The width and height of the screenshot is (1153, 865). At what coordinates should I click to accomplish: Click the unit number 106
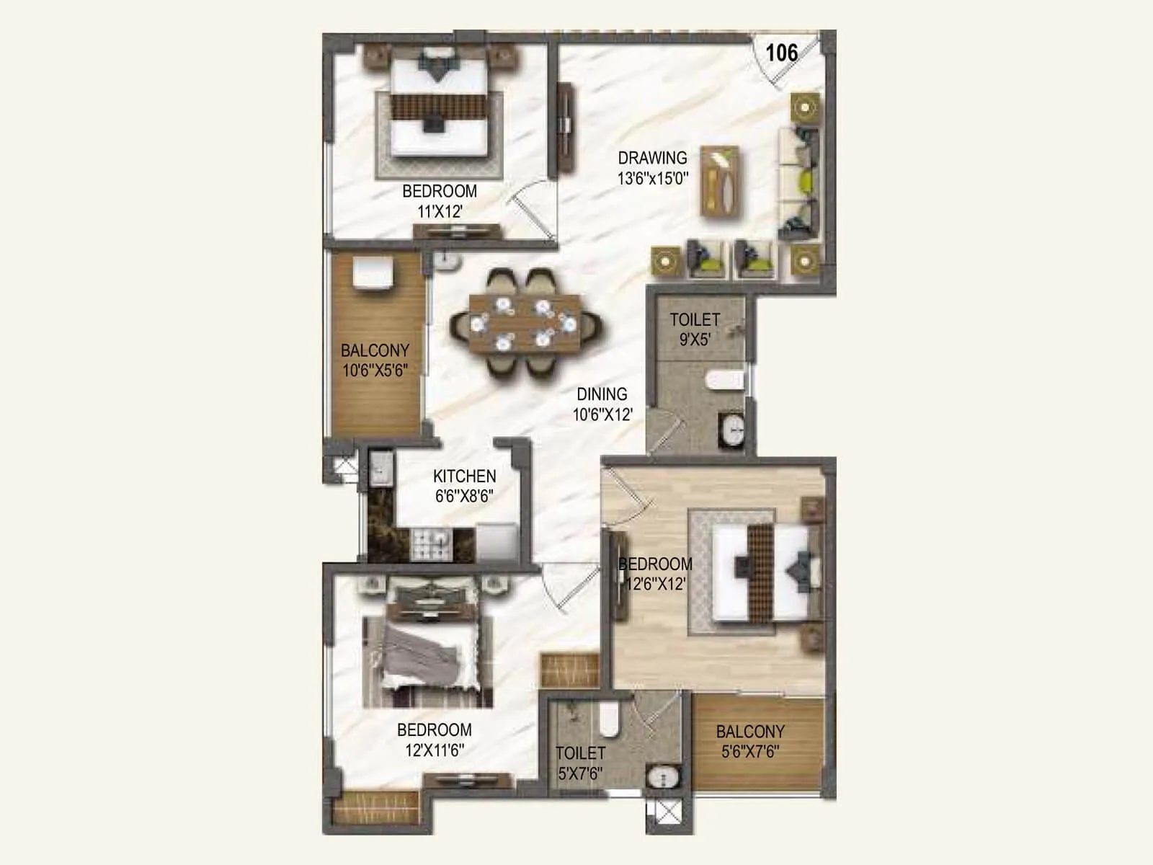coord(781,53)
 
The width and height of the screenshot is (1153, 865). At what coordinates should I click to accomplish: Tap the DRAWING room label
coord(652,157)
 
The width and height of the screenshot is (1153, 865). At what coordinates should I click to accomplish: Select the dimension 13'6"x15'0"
coord(652,178)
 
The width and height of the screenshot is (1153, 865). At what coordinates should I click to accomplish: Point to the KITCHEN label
coord(464,476)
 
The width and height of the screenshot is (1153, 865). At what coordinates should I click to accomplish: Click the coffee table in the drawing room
coord(720,181)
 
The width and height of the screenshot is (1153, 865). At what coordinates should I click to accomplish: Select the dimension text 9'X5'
coord(695,340)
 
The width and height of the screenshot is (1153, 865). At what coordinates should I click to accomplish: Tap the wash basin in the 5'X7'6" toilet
coord(661,778)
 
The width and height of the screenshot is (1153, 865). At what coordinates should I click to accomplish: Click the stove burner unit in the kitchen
coord(430,545)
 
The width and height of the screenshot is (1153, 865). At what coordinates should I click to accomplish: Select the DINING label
coord(602,394)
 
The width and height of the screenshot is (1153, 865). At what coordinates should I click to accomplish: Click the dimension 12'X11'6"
coord(434,750)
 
